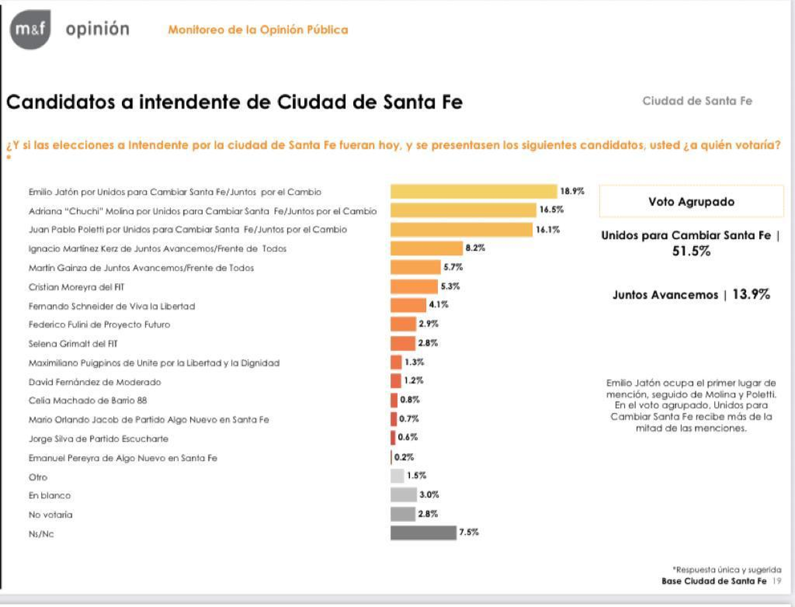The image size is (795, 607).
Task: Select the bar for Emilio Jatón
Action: [x=474, y=192]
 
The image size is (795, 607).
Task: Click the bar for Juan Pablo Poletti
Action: [x=461, y=229]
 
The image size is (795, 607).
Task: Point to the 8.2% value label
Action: [x=475, y=248]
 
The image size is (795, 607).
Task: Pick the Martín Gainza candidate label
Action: [x=141, y=268]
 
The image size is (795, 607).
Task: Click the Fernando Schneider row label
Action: [x=111, y=306]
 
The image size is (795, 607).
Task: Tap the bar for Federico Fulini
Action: [x=403, y=325]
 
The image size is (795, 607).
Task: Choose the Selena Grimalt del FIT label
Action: [x=76, y=344]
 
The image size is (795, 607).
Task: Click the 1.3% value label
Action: [x=415, y=362]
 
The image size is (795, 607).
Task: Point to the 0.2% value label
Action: [x=403, y=457]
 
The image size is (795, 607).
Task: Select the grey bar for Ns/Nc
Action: [x=422, y=532]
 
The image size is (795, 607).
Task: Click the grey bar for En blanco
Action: [x=403, y=495]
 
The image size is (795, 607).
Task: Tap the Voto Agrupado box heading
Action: [x=691, y=201]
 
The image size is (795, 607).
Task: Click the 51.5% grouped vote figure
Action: [x=691, y=252]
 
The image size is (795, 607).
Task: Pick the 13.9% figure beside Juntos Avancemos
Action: [x=751, y=295]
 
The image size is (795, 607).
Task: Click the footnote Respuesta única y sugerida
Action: [x=726, y=569]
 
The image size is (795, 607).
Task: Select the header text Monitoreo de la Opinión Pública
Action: [x=258, y=30]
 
